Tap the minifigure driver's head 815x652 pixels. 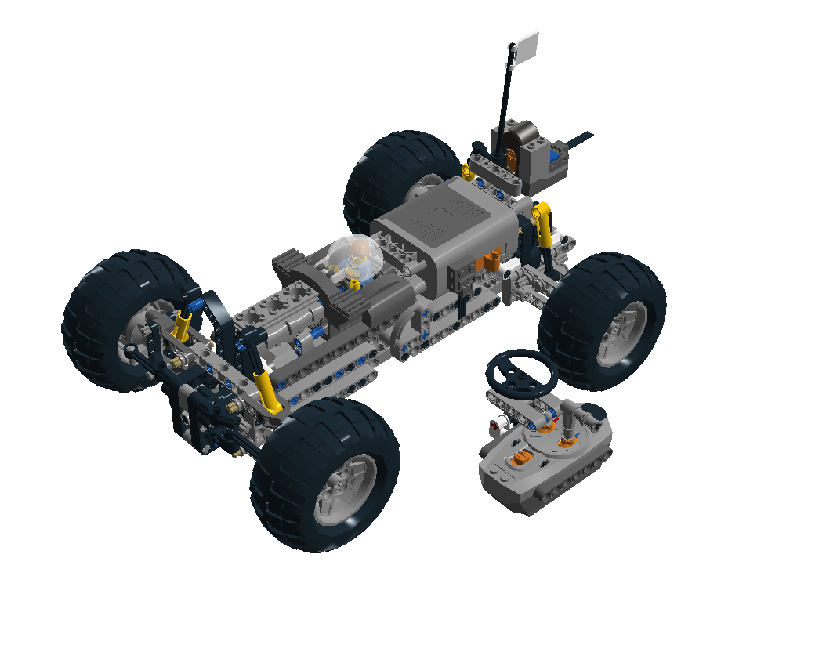(x=359, y=252)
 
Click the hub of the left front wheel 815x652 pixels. (x=139, y=342)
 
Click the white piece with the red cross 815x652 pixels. (x=495, y=426)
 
